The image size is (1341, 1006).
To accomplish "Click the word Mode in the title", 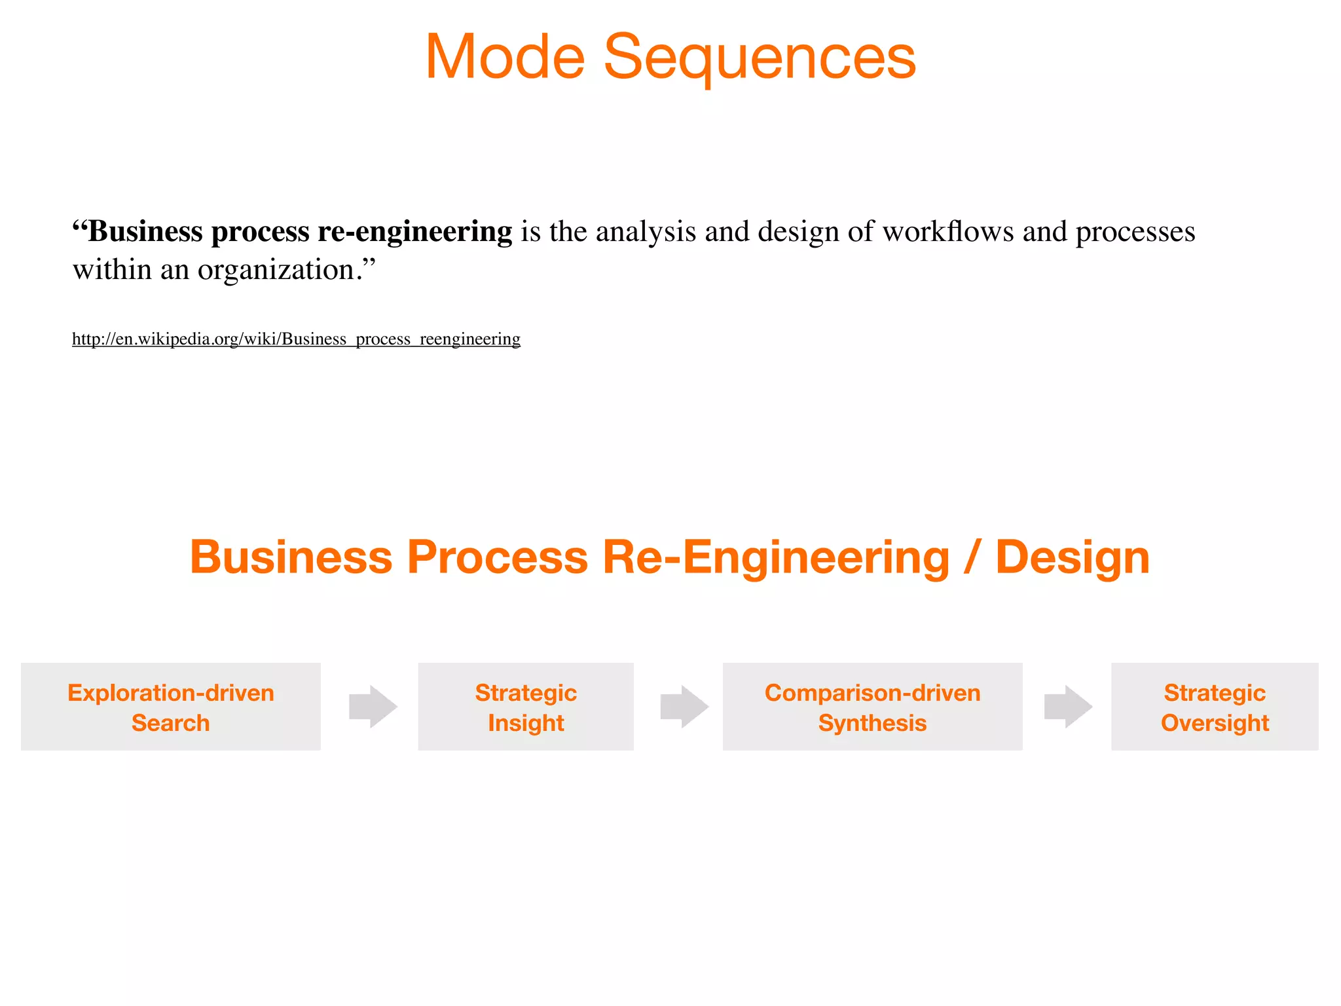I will point(505,58).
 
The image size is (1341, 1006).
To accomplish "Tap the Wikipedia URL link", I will point(296,339).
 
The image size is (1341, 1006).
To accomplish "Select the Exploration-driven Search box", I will point(171,707).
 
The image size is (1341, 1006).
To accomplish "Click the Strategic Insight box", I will point(526,707).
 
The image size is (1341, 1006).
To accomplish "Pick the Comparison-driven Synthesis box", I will point(872,707).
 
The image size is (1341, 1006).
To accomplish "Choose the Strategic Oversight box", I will point(1215,707).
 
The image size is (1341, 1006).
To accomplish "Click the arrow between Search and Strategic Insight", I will point(373,707).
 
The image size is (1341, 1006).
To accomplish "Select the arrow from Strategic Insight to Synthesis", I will point(684,707).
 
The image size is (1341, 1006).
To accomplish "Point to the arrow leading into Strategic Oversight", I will point(1068,707).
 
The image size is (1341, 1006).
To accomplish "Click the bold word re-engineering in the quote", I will point(414,232).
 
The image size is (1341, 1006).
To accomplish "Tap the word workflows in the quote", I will point(947,232).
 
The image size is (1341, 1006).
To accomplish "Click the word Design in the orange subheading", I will point(1072,557).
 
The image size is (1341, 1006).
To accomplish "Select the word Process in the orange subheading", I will point(498,557).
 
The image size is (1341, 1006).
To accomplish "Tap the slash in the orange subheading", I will point(972,557).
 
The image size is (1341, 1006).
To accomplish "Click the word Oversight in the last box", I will point(1215,723).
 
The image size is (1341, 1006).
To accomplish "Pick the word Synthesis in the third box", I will point(872,723).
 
